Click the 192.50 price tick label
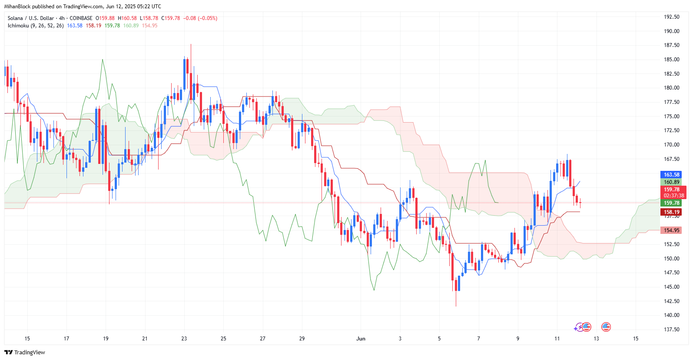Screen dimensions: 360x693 671,17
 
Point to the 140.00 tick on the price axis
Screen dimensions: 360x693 671,315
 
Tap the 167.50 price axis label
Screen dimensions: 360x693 671,159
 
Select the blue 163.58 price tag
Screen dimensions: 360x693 671,175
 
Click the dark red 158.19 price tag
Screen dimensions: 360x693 671,212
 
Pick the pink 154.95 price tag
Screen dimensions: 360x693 671,230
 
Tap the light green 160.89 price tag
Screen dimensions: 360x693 671,182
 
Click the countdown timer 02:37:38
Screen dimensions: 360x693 673,196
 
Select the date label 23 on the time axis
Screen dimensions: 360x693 184,339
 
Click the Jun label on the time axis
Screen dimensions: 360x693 361,339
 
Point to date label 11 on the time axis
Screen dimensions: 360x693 557,339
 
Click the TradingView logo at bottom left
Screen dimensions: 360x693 25,352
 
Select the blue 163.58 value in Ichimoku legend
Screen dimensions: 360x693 75,26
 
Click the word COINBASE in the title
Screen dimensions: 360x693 81,18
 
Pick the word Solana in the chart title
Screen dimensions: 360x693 15,18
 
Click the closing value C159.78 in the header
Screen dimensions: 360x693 171,18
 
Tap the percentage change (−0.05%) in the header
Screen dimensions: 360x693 207,18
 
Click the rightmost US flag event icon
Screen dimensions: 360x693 606,327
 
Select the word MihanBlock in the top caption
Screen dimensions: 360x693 17,7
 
